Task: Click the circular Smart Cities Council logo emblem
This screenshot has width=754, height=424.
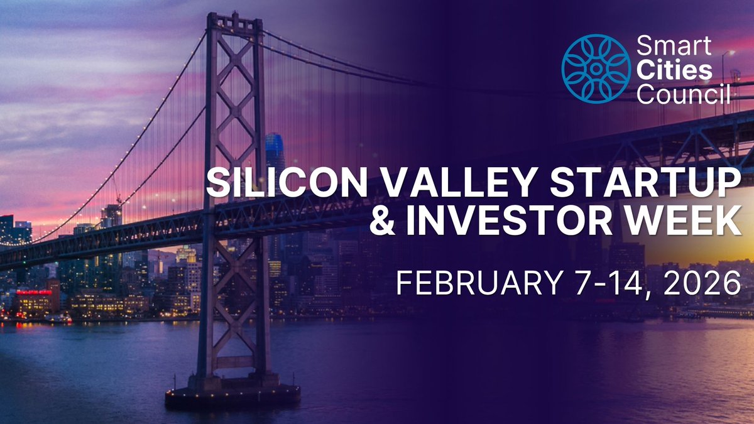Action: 595,68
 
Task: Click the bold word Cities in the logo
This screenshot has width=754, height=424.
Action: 675,70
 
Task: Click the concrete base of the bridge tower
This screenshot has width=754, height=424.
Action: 232,394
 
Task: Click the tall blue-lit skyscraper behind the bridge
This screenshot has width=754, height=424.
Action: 275,151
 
